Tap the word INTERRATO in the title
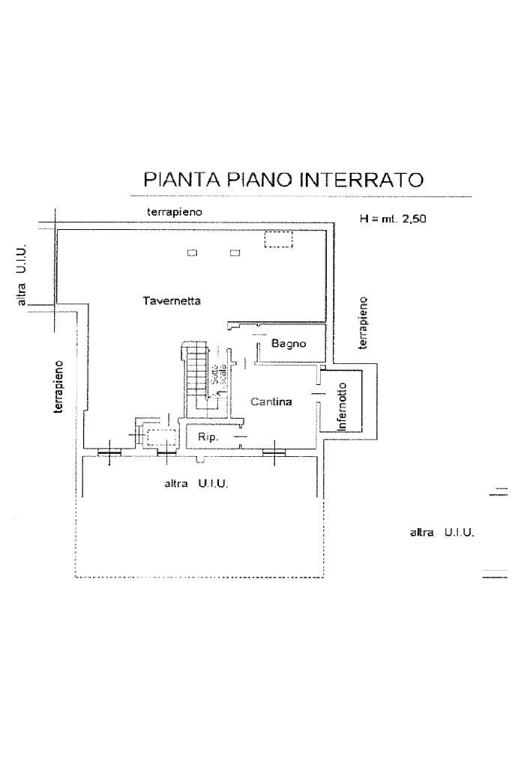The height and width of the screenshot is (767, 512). click(362, 180)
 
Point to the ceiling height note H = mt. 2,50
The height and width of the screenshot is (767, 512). click(393, 220)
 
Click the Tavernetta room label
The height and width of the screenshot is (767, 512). click(172, 300)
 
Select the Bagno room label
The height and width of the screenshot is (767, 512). click(289, 344)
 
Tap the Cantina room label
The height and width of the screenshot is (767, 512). click(271, 402)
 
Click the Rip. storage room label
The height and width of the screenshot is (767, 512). click(208, 437)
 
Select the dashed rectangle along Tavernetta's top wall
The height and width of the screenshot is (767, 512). click(277, 239)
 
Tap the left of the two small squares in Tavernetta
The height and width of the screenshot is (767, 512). click(192, 253)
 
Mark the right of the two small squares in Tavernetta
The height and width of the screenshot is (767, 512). click(235, 253)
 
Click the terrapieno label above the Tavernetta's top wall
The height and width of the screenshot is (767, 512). click(174, 212)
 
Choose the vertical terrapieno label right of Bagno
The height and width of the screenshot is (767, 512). click(364, 322)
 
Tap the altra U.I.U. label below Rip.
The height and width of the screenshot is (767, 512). click(196, 484)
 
